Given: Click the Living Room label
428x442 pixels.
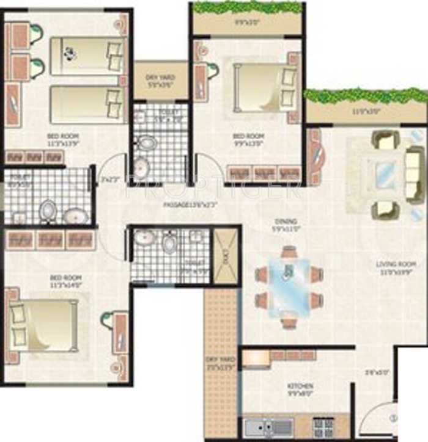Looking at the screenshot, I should (397, 267).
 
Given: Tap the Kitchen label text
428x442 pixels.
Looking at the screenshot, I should (301, 389).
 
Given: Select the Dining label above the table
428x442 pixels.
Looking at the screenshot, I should (286, 224).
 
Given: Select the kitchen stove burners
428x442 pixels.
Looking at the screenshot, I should (323, 427).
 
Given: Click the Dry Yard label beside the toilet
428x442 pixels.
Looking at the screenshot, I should (160, 80).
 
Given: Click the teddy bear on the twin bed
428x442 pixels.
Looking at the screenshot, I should (71, 54).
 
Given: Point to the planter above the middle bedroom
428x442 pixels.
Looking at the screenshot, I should (248, 8).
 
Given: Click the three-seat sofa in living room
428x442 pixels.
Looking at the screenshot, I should (413, 174).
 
